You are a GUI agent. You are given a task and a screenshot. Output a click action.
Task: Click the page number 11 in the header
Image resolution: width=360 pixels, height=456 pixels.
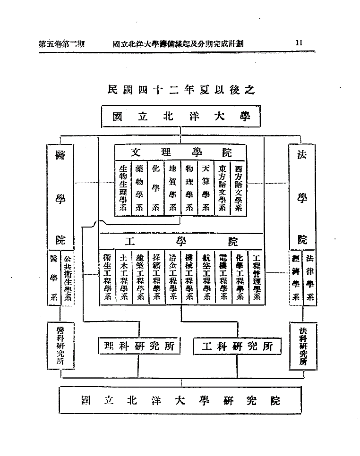(x=299, y=43)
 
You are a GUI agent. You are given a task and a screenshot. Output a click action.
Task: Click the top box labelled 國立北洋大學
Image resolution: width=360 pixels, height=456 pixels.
(x=181, y=117)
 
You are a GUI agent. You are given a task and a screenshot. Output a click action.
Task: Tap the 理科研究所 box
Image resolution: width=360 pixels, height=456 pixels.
(x=139, y=346)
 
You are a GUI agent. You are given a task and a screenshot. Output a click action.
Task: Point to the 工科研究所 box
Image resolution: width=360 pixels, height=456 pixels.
(x=238, y=346)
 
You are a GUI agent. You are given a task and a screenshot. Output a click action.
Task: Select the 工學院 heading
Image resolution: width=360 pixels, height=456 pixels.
(x=181, y=242)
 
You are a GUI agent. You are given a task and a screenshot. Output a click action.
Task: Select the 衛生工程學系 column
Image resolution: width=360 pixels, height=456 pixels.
(x=107, y=277)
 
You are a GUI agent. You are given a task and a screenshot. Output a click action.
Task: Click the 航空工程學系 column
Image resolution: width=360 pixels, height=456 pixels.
(x=206, y=277)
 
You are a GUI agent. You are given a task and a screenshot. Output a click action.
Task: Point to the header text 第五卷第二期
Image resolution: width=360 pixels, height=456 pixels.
(x=61, y=43)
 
